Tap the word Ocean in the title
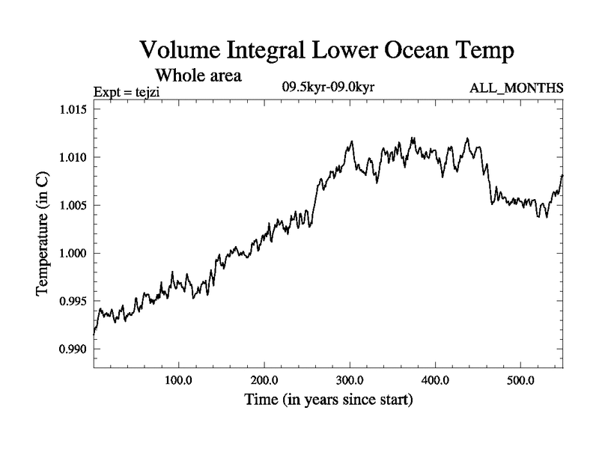tap(415, 51)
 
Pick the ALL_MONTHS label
tap(516, 89)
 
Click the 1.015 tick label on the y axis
tap(73, 109)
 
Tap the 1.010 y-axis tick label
tap(73, 157)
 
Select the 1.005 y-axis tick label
tap(73, 205)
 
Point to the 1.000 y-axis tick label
tap(73, 253)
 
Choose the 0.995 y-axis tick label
tap(73, 301)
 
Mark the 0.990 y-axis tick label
tap(73, 349)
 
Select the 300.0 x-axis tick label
tap(350, 380)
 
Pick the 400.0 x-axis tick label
tap(435, 380)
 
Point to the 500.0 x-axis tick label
tap(520, 380)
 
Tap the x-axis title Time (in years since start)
tap(328, 400)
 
